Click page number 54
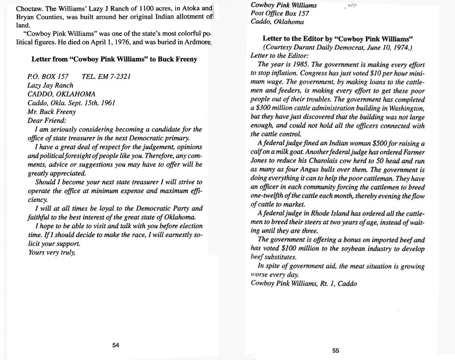(116, 345)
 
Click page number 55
(336, 350)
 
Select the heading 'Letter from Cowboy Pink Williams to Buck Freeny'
(114, 59)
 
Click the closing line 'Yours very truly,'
(52, 252)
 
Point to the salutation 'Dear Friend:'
(47, 120)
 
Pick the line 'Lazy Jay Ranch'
(50, 85)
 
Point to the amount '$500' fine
(372, 144)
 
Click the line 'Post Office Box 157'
(280, 13)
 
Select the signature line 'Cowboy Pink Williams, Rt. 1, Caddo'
(303, 284)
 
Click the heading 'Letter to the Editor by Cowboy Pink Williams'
(338, 39)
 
